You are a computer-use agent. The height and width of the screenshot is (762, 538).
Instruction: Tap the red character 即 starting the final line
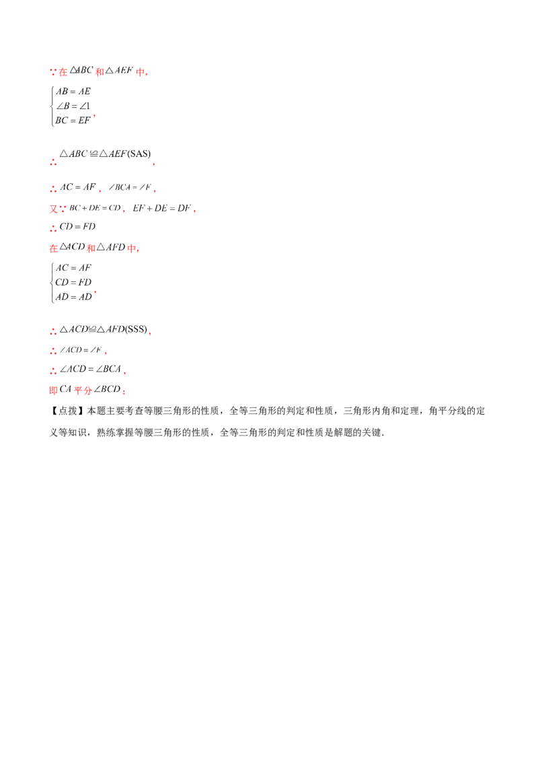[53, 390]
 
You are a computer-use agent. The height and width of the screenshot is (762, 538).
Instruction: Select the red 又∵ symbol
[54, 209]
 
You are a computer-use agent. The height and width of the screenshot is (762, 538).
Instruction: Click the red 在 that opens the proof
[54, 72]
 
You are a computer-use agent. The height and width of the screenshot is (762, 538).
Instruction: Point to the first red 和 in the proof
[99, 72]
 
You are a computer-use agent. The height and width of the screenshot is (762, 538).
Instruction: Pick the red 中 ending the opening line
[141, 72]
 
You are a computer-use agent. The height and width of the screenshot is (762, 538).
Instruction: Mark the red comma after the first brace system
[94, 116]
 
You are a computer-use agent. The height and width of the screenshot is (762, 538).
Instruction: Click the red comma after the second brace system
[94, 293]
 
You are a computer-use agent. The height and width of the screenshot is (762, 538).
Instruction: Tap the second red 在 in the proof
[53, 249]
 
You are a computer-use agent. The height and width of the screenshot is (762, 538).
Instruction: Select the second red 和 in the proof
[89, 249]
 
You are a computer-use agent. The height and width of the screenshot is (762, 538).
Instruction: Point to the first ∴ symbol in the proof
[53, 162]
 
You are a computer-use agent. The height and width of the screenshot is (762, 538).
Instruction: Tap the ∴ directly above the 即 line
[53, 371]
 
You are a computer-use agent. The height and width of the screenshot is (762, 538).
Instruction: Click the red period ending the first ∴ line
[154, 164]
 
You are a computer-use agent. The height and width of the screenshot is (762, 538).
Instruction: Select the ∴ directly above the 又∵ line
[53, 188]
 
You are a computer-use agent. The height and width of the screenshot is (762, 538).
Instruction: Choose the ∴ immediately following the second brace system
[53, 331]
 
